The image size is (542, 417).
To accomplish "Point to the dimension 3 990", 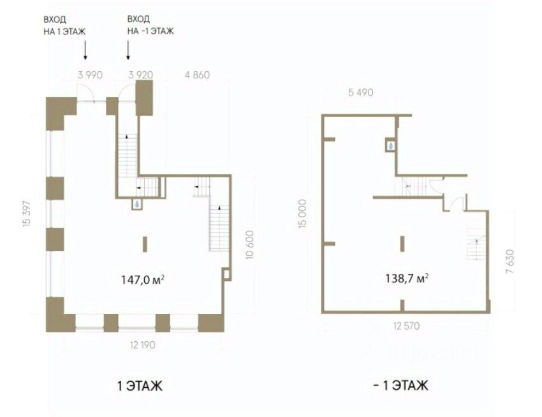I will [x=90, y=74].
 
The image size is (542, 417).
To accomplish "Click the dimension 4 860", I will [x=196, y=74].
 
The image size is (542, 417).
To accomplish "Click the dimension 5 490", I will [x=360, y=93].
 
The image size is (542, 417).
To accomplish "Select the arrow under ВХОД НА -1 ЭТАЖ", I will [x=129, y=50].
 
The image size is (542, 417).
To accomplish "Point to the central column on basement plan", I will [x=402, y=244].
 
